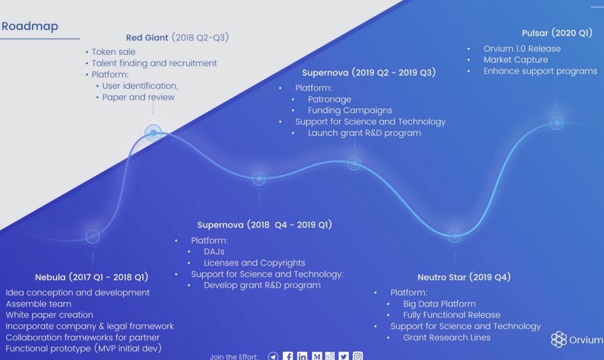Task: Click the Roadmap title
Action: click(x=30, y=26)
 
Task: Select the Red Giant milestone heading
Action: click(x=177, y=37)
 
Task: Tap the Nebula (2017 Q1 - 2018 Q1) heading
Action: click(x=92, y=277)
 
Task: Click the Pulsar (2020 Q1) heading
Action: click(x=557, y=33)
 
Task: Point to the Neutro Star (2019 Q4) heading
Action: click(x=464, y=277)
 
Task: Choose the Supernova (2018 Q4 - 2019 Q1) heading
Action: click(x=264, y=225)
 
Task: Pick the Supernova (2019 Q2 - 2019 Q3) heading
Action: click(x=369, y=73)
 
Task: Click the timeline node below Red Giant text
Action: click(x=154, y=133)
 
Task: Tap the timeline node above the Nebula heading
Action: click(x=93, y=237)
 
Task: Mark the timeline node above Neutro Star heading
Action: click(x=455, y=235)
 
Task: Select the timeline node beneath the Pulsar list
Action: click(x=556, y=123)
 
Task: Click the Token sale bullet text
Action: click(x=113, y=52)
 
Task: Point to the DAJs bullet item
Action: click(x=214, y=252)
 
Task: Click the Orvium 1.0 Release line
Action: click(x=522, y=49)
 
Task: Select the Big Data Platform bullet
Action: click(x=439, y=304)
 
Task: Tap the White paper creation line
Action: click(x=49, y=315)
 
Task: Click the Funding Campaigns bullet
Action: click(x=350, y=111)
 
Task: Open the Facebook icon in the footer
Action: click(x=288, y=356)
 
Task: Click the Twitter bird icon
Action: click(x=344, y=356)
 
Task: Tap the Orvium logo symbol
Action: click(x=559, y=339)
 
